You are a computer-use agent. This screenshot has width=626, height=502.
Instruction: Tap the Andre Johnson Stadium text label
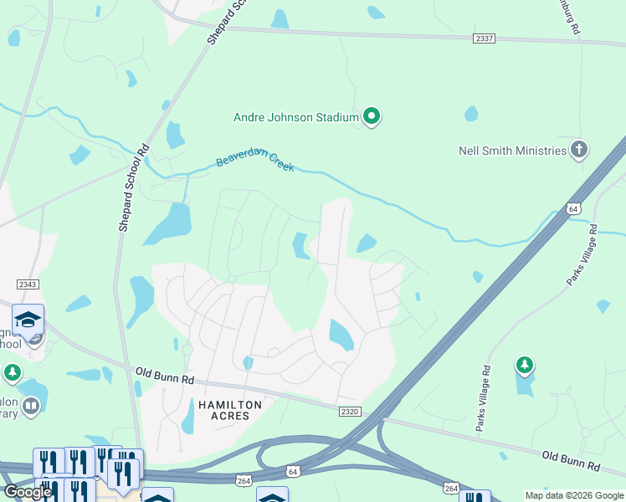point(295,118)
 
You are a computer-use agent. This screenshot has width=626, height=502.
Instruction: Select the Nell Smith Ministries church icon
point(579,151)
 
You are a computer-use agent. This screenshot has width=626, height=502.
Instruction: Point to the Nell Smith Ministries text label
point(512,151)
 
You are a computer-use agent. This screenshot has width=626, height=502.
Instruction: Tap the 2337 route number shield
point(483,38)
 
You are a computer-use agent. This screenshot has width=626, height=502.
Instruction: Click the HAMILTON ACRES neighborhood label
point(230,411)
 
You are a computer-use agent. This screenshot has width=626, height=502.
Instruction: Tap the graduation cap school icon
point(28,320)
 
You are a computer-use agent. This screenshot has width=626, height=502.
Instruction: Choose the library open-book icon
point(31,407)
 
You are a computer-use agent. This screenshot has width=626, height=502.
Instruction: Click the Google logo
point(27,492)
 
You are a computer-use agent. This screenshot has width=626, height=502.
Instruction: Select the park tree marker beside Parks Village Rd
point(525,365)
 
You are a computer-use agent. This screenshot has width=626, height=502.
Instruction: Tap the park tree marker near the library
point(12,371)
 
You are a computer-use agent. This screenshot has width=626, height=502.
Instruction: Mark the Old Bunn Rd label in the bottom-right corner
point(571,459)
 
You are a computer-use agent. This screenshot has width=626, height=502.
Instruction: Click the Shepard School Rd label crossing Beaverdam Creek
point(133,187)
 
